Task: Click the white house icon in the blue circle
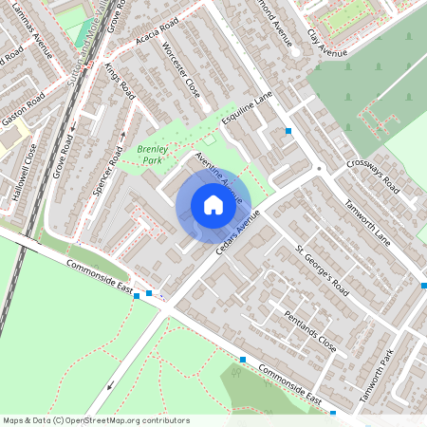[213, 204]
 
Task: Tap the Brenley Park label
[150, 154]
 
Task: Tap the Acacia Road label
[157, 38]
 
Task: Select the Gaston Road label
[23, 111]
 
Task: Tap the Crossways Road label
[370, 176]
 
